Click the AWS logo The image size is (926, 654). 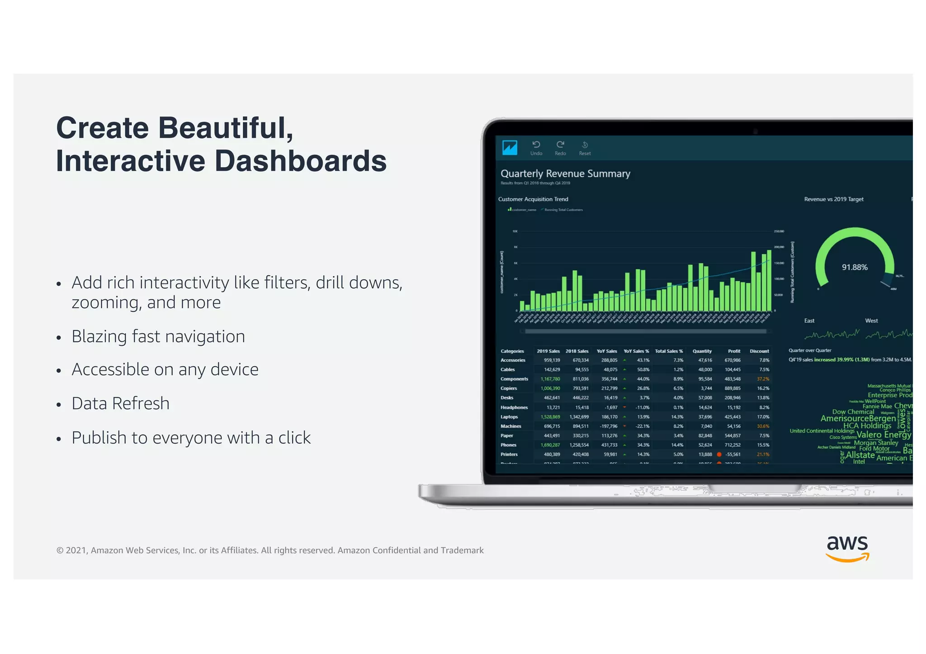pos(847,548)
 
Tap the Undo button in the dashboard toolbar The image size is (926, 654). pos(536,148)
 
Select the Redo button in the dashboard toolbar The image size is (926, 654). pos(560,148)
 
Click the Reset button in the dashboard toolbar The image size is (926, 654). pos(585,148)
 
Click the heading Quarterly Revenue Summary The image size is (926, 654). pos(565,174)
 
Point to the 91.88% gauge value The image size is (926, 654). pos(855,267)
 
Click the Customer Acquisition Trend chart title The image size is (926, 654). pos(533,199)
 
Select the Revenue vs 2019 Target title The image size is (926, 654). pos(834,199)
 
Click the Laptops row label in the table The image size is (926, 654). pos(509,417)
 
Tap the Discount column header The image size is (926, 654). pos(759,351)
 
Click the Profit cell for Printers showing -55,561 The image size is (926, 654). pos(732,454)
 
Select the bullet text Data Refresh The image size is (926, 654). pos(120,404)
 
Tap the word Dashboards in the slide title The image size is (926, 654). pos(300,161)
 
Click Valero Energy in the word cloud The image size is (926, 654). pos(883,434)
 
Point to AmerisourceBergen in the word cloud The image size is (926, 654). pos(858,419)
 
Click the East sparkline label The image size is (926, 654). pos(809,320)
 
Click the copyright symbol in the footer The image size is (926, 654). pos(60,550)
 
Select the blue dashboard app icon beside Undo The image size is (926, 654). pos(510,147)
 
